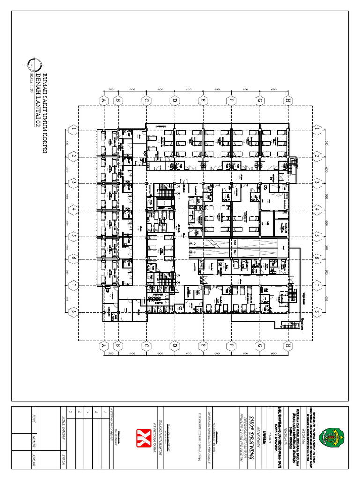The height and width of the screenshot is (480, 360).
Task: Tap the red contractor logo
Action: point(141,435)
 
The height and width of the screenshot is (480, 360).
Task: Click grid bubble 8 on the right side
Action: point(318,311)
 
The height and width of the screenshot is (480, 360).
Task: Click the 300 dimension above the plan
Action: point(111,89)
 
